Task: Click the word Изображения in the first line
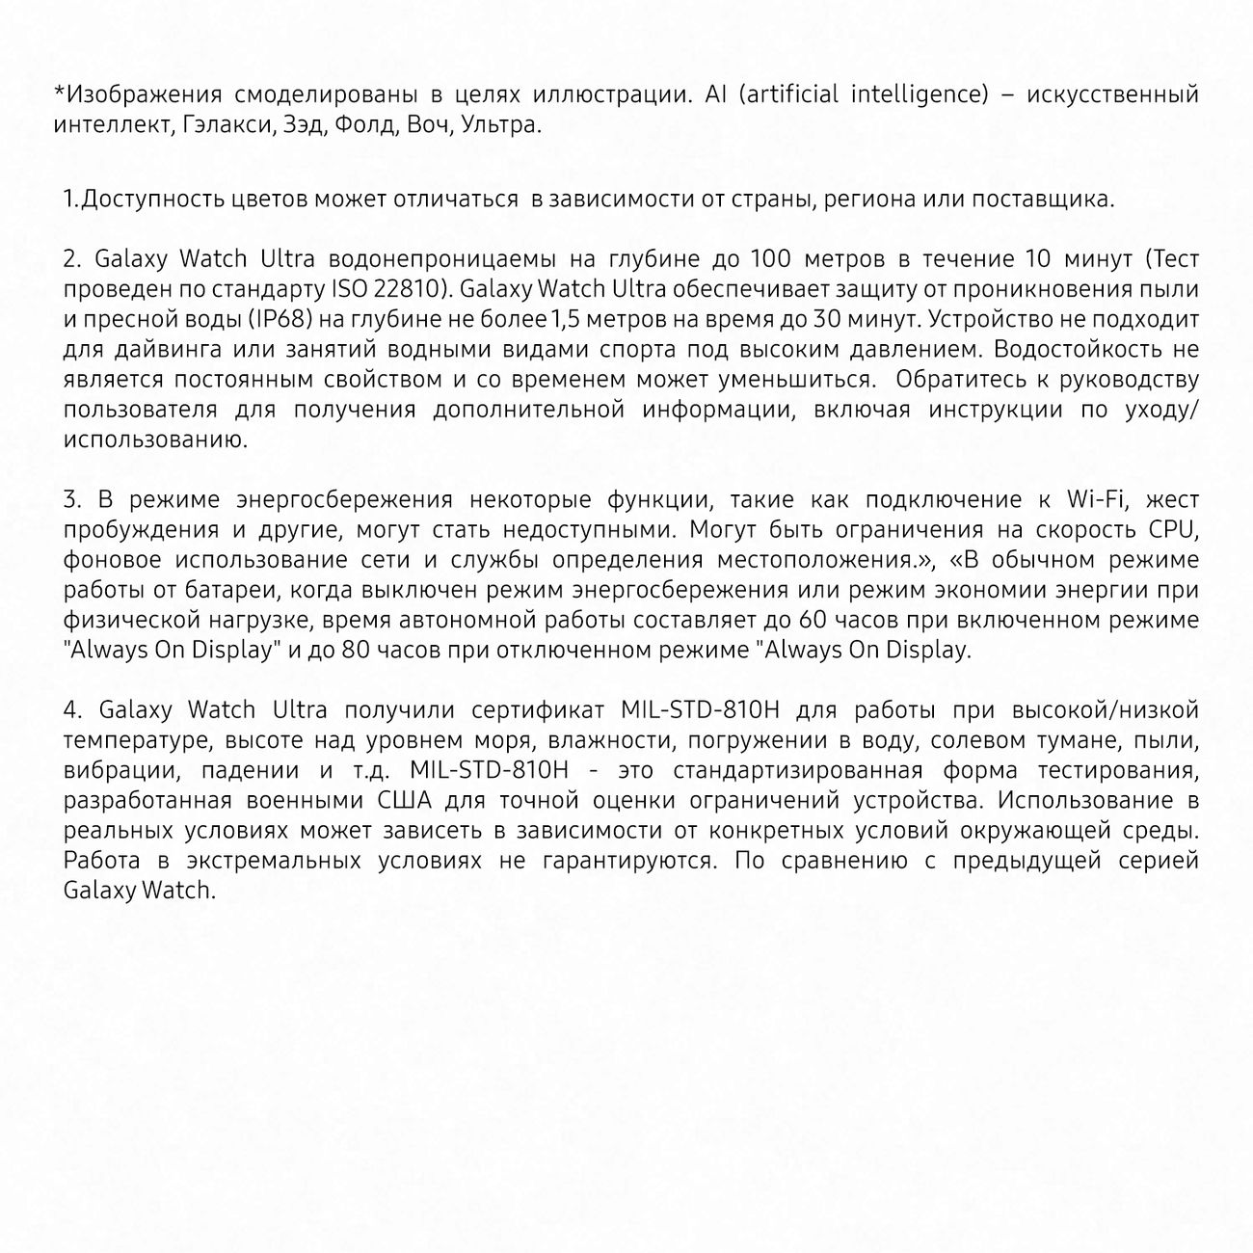point(132,94)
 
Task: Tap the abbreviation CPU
point(1173,529)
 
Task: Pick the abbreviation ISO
point(349,289)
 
